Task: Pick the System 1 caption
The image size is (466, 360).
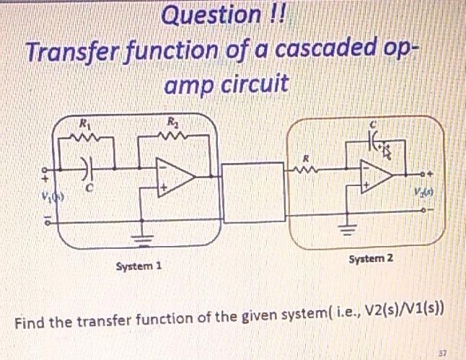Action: pos(139,265)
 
